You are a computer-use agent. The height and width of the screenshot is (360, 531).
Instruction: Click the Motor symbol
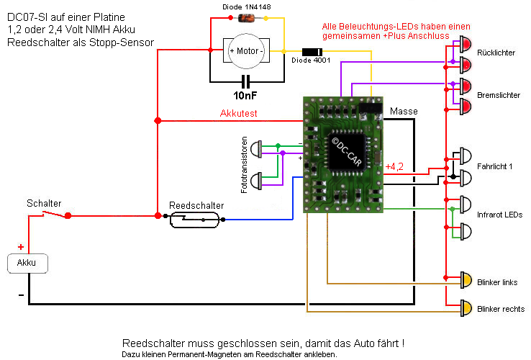pos(246,51)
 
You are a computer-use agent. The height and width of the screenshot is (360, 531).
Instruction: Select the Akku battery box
pos(27,263)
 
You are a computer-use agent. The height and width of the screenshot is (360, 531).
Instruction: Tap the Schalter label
pos(44,204)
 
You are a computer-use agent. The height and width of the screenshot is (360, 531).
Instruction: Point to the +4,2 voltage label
pos(395,167)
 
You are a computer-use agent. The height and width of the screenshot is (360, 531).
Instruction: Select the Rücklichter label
pos(496,53)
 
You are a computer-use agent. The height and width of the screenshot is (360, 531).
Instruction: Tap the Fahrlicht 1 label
pos(495,167)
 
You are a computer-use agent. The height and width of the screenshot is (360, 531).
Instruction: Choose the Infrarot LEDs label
pos(499,215)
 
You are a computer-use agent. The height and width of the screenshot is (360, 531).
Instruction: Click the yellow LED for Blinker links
pos(466,279)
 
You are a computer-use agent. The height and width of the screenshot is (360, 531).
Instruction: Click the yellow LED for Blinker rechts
pos(466,308)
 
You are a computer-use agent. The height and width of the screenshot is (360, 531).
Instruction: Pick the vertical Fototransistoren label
pos(245,165)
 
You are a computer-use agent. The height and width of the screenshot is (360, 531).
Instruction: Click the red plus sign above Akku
pos(21,247)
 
